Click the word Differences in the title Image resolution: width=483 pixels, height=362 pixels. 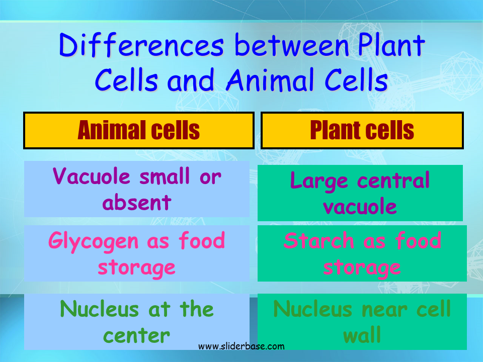click(x=141, y=45)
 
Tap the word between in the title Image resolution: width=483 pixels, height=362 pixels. click(x=292, y=45)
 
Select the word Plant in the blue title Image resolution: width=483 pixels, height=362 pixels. click(x=391, y=45)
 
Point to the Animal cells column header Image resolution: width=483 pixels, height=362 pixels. click(x=139, y=130)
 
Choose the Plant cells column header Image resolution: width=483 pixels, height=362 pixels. click(x=362, y=130)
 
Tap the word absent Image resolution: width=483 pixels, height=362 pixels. click(x=137, y=203)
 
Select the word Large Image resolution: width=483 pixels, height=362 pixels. click(x=319, y=181)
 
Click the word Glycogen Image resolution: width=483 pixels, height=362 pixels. click(x=94, y=242)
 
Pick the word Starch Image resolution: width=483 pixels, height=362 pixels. click(x=318, y=240)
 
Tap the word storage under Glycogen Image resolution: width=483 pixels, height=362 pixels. click(x=136, y=268)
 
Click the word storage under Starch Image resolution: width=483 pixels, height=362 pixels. click(x=362, y=268)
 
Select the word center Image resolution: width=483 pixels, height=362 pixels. click(x=136, y=335)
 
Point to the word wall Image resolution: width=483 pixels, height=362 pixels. click(x=362, y=335)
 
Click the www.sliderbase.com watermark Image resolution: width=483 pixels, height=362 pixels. click(x=241, y=346)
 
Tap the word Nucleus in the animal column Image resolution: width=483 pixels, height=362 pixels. click(x=99, y=309)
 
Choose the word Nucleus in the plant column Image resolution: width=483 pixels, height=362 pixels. click(x=312, y=309)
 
